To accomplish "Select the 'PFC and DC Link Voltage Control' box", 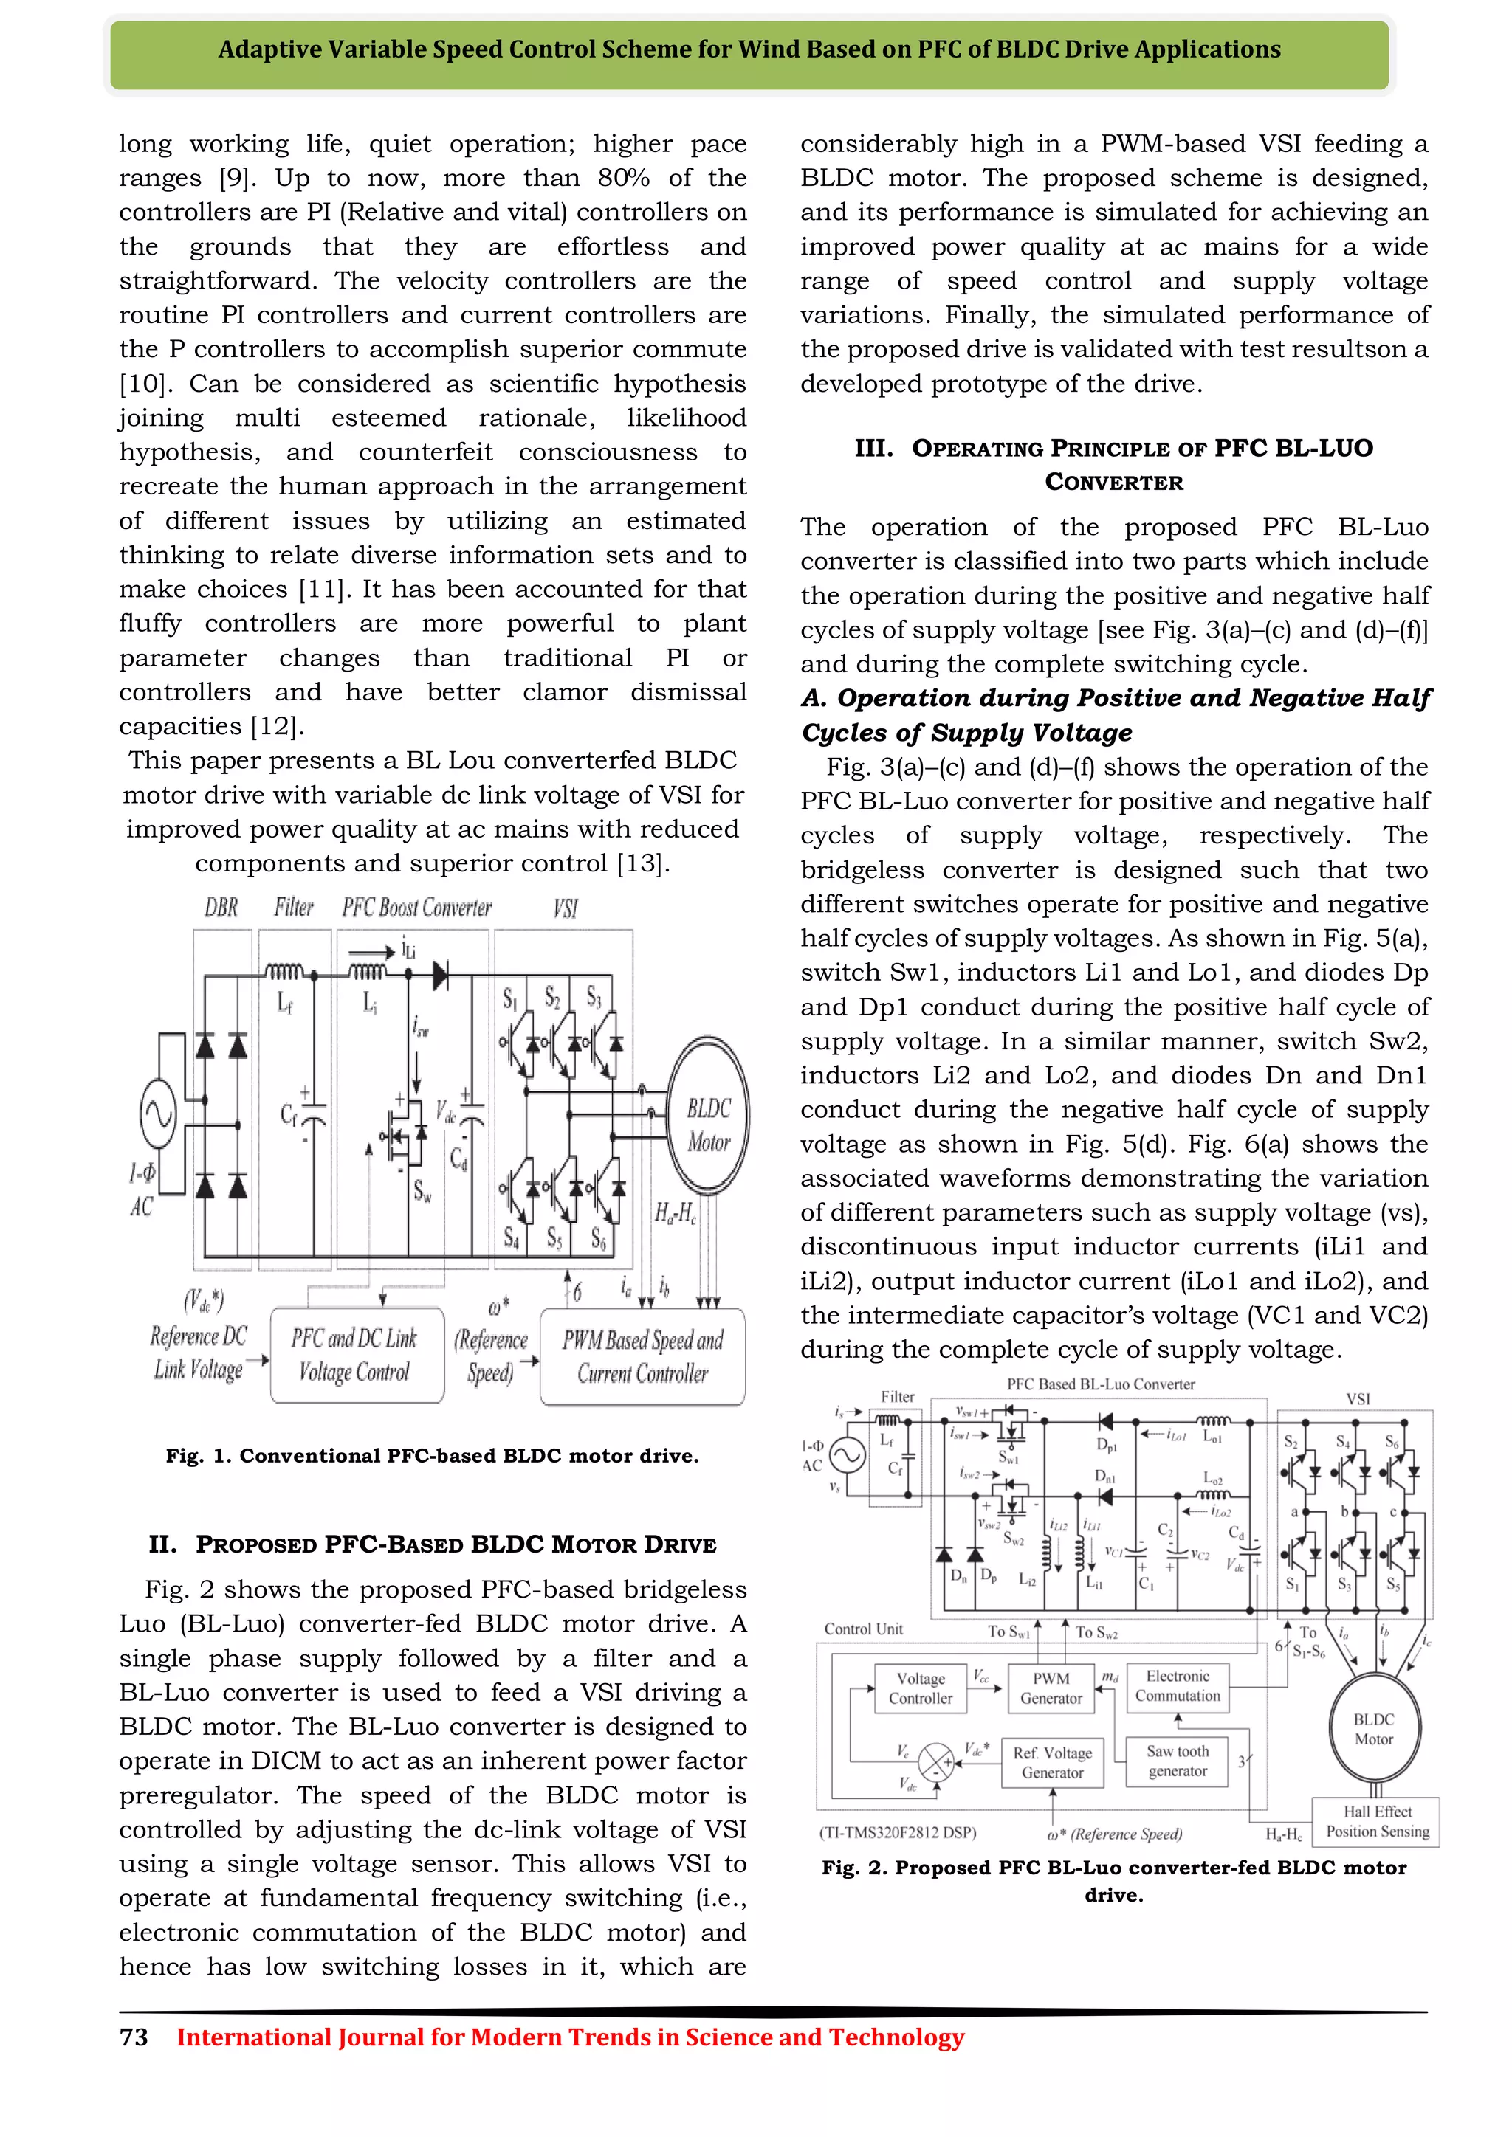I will [x=356, y=1355].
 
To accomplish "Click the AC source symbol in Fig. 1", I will [x=158, y=1114].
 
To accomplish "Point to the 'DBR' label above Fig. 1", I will [x=221, y=907].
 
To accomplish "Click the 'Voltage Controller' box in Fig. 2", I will [x=920, y=1688].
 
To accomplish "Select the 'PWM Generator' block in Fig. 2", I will [x=1051, y=1688].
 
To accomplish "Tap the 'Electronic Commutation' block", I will [x=1177, y=1687].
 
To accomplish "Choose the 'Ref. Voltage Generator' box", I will [x=1052, y=1763].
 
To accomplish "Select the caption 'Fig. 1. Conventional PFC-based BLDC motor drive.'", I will [x=432, y=1456].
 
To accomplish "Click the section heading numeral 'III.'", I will [x=873, y=449].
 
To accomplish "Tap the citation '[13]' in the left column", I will [x=642, y=864].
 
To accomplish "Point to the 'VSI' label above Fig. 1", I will [x=565, y=908].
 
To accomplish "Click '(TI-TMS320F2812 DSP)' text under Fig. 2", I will [x=898, y=1833].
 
